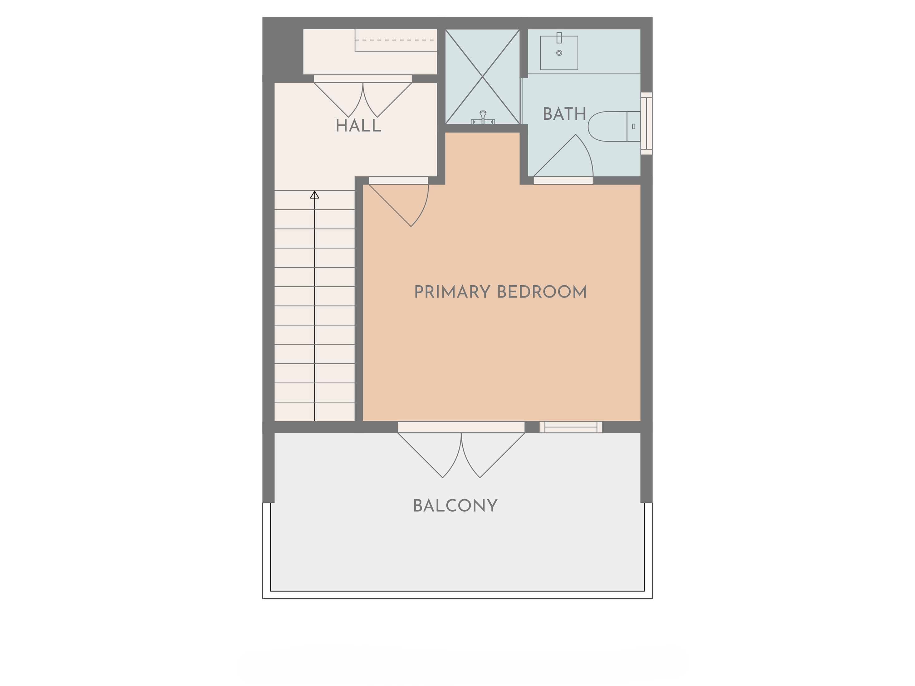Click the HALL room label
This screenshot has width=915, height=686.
pos(358,126)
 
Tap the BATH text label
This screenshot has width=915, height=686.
pos(565,114)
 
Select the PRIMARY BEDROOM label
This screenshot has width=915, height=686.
pos(500,292)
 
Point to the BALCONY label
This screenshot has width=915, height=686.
pos(455,506)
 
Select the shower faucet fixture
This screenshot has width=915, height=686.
pos(483,118)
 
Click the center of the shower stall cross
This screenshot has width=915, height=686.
pos(483,76)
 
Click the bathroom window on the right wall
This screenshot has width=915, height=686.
pos(646,124)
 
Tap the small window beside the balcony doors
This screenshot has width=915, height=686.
pos(571,427)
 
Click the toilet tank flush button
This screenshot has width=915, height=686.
pos(634,127)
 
